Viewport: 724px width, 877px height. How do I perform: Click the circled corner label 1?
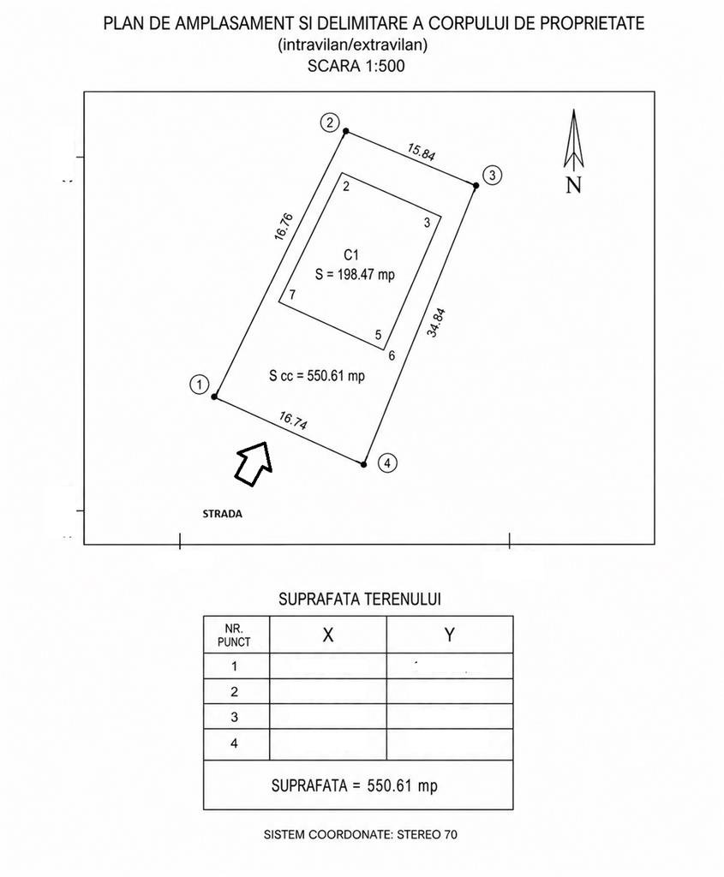coord(199,385)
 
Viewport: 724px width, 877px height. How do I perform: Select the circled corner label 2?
coord(330,122)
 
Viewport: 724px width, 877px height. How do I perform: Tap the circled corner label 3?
coord(492,175)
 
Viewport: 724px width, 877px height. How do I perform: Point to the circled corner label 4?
coord(387,463)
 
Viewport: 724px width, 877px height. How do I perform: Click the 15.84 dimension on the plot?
coord(421,152)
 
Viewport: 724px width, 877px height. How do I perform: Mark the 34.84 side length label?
coord(436,323)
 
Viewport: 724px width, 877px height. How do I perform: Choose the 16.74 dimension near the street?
coord(293,421)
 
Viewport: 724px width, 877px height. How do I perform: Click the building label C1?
coord(350,255)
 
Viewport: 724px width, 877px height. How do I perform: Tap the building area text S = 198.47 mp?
coord(355,275)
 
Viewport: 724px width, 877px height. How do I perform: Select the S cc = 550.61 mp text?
coord(317,375)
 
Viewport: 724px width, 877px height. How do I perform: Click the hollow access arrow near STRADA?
coord(253,462)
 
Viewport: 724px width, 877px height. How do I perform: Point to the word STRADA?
coord(222,514)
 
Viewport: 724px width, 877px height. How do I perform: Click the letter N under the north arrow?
coord(573,185)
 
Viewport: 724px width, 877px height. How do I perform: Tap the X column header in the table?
coord(328,635)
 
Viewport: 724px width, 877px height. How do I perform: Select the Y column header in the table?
coord(449,635)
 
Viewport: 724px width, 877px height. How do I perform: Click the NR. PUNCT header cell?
coord(234,635)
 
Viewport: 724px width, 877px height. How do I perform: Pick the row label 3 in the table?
coord(235,717)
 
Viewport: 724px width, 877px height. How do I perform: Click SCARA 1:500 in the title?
coord(356,66)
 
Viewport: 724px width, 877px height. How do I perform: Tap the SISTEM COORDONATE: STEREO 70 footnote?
coord(361,834)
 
